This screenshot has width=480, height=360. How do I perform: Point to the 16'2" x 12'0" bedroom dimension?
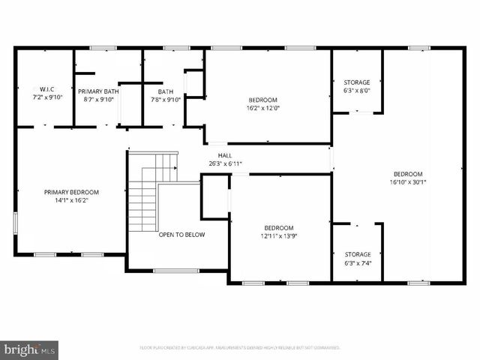click(262, 107)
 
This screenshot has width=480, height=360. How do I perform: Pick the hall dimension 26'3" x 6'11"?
click(225, 163)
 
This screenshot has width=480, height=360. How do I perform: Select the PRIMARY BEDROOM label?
click(71, 192)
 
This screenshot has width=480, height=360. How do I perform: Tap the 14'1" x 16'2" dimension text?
click(71, 201)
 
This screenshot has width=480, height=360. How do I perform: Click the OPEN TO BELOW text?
click(181, 235)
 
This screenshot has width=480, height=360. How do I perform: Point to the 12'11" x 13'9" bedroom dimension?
click(278, 236)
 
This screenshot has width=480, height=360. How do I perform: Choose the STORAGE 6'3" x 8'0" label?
click(356, 86)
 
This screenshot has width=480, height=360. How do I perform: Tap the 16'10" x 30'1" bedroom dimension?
click(408, 181)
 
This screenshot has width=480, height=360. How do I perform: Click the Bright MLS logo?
click(30, 349)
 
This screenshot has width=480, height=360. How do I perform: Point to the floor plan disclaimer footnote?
click(240, 348)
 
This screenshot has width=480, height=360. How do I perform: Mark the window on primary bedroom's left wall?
click(16, 223)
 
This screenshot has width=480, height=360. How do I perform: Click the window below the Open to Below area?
click(175, 271)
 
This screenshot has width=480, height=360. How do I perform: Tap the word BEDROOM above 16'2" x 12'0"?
click(262, 99)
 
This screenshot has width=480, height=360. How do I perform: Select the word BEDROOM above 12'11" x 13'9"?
click(278, 228)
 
